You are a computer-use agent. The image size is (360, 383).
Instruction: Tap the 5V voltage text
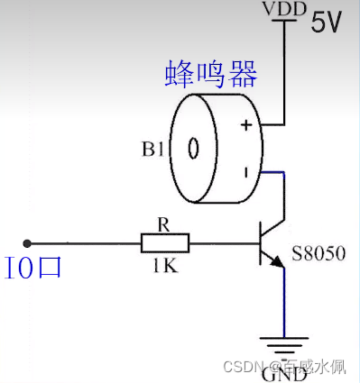click(327, 23)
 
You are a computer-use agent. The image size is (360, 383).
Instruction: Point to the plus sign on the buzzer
click(244, 126)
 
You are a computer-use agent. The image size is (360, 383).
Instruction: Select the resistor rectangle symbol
click(165, 242)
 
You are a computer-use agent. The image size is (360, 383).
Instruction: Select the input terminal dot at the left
click(28, 242)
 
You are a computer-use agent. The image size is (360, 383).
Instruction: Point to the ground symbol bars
click(284, 345)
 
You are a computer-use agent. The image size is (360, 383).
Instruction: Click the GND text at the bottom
click(284, 372)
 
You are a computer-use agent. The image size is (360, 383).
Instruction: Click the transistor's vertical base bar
click(259, 242)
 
